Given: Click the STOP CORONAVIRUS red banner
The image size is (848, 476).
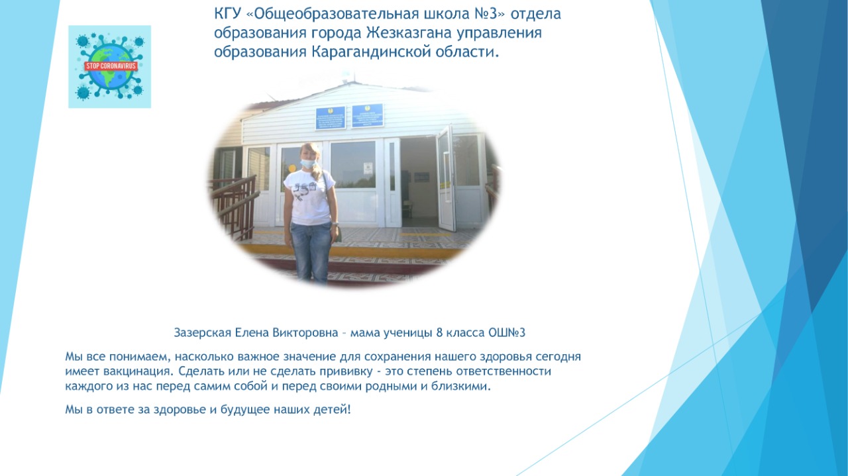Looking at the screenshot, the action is (x=110, y=66).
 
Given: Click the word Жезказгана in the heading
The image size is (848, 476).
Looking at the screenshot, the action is (x=409, y=33).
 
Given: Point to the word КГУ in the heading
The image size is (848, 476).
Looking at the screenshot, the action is (x=227, y=14).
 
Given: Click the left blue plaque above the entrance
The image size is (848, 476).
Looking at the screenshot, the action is (x=331, y=118).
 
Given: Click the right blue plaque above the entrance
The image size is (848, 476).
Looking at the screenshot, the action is (x=367, y=115).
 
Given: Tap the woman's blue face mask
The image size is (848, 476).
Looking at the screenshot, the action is (x=309, y=164).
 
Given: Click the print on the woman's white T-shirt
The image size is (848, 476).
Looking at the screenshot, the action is (x=305, y=191).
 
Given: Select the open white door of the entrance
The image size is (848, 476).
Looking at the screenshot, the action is (x=447, y=179).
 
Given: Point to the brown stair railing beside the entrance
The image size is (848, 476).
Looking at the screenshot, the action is (x=234, y=207).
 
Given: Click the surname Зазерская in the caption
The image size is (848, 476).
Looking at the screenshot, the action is (x=203, y=332).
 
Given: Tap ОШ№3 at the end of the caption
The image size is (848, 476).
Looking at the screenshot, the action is (x=507, y=332).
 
